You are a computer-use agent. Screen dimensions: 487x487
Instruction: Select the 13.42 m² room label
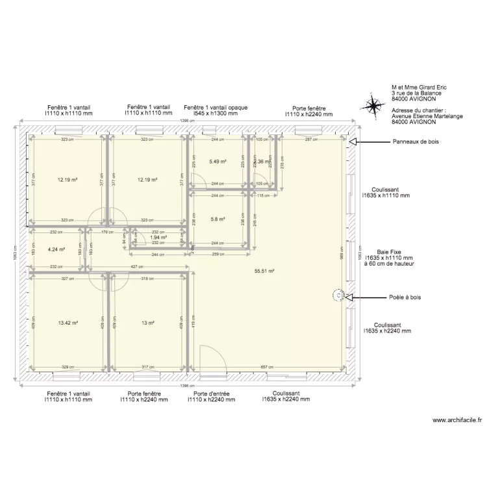(68, 323)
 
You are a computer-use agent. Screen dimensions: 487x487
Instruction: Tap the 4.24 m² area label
(56, 248)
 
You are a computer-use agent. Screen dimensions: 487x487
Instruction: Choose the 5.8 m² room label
(218, 219)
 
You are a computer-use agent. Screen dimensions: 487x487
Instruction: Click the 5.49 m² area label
(218, 162)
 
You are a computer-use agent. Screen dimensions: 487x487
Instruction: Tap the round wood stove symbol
(338, 296)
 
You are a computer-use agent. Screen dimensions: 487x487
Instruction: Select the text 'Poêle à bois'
(406, 297)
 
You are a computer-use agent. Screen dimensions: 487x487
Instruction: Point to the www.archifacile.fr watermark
(456, 421)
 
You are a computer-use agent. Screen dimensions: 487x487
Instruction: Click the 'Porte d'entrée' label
(211, 393)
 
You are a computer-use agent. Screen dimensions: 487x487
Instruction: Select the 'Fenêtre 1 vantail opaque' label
(215, 107)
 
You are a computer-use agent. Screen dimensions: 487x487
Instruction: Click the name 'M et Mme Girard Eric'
(419, 87)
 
